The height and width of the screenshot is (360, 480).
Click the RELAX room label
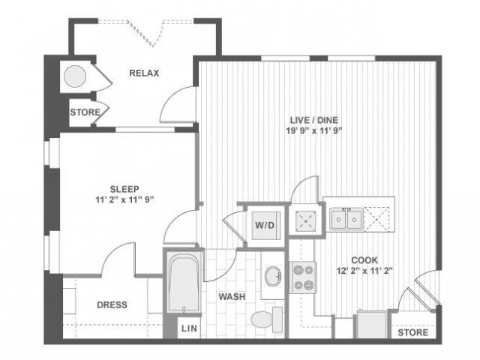[144, 73]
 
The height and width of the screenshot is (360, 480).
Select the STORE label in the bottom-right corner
[412, 331]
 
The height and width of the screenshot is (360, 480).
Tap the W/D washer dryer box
[264, 223]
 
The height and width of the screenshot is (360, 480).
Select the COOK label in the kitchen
[364, 259]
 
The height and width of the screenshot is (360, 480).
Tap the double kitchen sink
[347, 219]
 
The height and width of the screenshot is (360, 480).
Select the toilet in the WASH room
[263, 319]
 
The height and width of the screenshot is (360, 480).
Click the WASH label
[232, 297]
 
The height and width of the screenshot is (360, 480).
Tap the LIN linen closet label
[187, 329]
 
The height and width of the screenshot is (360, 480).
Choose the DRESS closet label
[112, 305]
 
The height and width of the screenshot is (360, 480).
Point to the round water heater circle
[75, 76]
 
